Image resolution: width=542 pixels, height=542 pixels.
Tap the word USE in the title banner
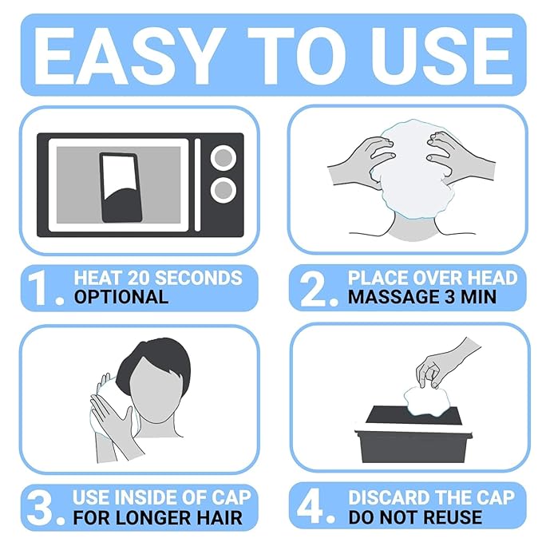click(441, 56)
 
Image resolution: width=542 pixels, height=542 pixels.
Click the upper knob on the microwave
click(224, 158)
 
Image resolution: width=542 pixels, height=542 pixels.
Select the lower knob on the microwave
click(224, 190)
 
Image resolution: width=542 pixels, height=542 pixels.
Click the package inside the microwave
click(121, 187)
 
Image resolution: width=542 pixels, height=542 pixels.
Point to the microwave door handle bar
click(198, 185)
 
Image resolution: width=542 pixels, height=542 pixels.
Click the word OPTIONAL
click(121, 297)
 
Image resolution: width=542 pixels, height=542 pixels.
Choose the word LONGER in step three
click(152, 517)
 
